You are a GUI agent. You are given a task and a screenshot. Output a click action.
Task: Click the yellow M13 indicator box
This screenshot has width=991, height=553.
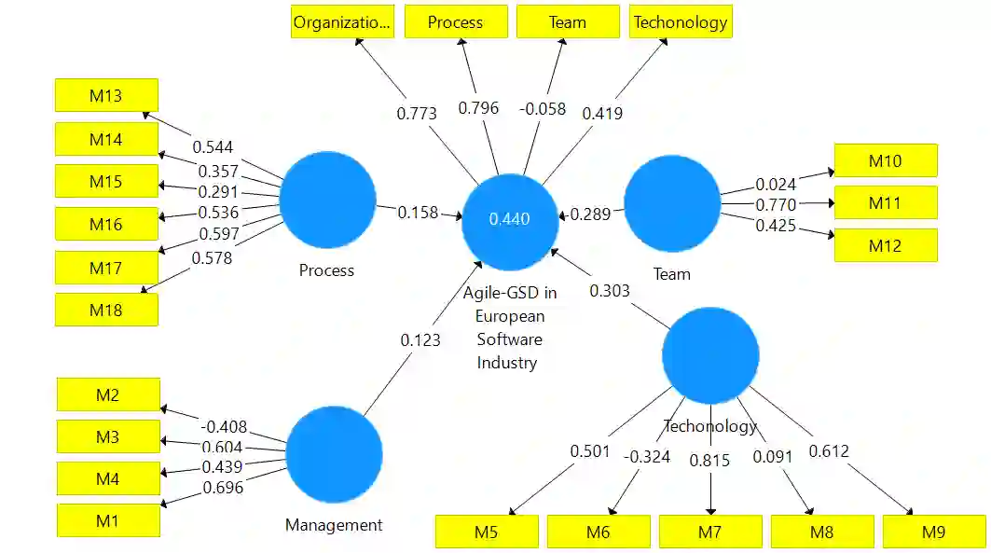pos(106,95)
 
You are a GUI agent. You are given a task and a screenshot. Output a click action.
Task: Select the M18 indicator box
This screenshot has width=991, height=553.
pos(106,310)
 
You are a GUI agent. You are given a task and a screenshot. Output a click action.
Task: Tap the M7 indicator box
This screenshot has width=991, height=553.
pos(710,532)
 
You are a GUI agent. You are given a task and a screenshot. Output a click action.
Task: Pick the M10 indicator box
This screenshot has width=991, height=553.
pos(885,160)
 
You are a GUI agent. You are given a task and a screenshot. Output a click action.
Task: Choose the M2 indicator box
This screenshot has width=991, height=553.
pos(108,394)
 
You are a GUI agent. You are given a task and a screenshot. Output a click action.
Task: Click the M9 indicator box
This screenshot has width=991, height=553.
pos(933,532)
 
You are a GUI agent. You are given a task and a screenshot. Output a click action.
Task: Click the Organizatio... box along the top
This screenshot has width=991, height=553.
pos(342,21)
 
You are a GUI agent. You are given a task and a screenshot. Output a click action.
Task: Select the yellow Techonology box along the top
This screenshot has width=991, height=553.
pos(680,21)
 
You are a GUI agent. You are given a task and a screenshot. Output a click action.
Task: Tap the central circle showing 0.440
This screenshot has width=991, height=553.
pos(510,219)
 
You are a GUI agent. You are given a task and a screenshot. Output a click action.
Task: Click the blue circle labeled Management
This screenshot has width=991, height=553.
pos(334,454)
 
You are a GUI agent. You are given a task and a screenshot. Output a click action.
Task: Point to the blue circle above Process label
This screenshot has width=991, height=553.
pos(327,200)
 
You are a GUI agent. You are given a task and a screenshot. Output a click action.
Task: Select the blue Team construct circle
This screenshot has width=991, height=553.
pos(671,203)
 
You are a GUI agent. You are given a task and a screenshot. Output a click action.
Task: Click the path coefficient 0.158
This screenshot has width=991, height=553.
pos(419,213)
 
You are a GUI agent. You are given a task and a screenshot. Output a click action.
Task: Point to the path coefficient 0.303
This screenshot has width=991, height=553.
pos(609,291)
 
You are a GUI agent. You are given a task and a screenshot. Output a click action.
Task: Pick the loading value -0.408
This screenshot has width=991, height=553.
pos(224,427)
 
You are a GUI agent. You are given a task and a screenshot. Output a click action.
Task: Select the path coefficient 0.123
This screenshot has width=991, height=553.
pos(420,340)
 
